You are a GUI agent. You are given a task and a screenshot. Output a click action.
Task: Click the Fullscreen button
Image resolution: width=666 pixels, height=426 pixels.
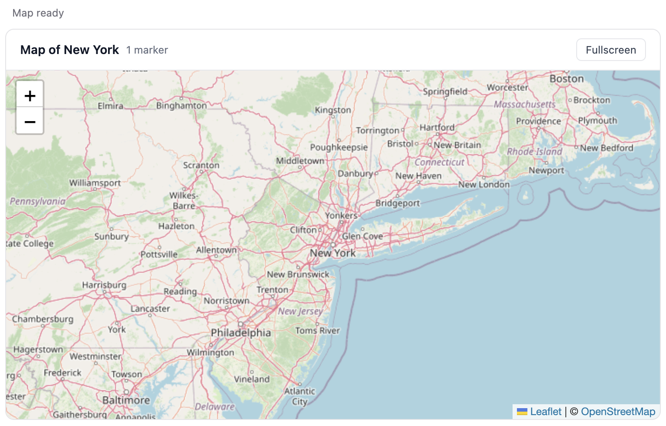coord(610,50)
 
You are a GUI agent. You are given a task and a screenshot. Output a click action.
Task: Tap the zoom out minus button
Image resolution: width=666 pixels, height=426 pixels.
coord(30,121)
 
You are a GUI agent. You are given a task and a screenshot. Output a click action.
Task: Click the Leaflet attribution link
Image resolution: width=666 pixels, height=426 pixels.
coord(545,412)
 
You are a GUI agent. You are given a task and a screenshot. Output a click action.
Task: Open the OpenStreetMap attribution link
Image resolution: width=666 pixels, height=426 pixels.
coord(618,412)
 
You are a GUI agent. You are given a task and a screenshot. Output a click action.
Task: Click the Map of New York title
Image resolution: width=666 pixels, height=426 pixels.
coord(69,50)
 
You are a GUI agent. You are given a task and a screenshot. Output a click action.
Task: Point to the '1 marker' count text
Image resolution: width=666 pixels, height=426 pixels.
coord(147,50)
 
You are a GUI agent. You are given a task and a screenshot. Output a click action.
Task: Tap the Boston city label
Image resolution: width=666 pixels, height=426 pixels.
coord(566,79)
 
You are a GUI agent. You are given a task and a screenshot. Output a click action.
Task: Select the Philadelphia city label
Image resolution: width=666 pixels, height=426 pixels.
coord(241,333)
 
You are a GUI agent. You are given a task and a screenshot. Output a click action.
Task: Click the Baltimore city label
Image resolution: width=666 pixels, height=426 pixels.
coord(126,400)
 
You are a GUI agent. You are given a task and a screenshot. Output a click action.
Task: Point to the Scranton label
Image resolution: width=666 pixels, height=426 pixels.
coord(201,165)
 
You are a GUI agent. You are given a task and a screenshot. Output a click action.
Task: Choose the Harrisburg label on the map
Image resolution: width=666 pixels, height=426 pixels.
coord(104,285)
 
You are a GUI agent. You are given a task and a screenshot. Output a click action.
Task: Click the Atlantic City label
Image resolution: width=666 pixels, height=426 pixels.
coord(299,396)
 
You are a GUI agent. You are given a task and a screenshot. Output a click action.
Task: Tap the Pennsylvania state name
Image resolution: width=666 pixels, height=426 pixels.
coord(37,201)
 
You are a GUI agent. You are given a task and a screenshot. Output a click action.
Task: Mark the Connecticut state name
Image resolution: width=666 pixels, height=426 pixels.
coord(439,162)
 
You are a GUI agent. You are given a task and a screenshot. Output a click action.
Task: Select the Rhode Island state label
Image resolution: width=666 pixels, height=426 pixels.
coord(534,152)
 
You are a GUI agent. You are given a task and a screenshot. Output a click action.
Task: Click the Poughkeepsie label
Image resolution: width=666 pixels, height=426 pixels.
coord(339,147)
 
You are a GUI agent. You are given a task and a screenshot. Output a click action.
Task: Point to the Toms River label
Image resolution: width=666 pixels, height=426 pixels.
coord(317,331)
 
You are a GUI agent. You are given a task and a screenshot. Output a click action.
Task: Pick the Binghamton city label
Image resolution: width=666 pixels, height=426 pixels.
coord(181,105)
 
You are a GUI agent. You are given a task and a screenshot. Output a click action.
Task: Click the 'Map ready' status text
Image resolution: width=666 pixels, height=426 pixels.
coord(38,13)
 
